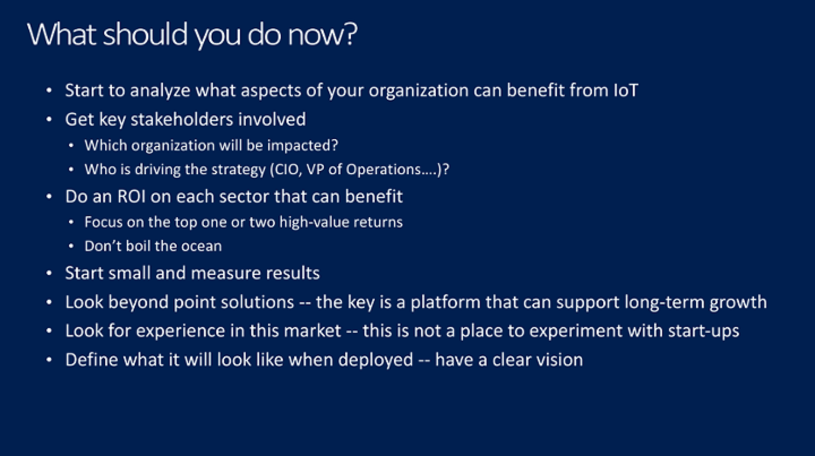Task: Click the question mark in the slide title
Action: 350,34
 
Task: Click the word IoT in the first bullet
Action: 626,90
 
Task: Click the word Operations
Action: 383,170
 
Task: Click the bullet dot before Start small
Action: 49,273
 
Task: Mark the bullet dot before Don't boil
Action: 71,247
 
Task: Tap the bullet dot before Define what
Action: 49,360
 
